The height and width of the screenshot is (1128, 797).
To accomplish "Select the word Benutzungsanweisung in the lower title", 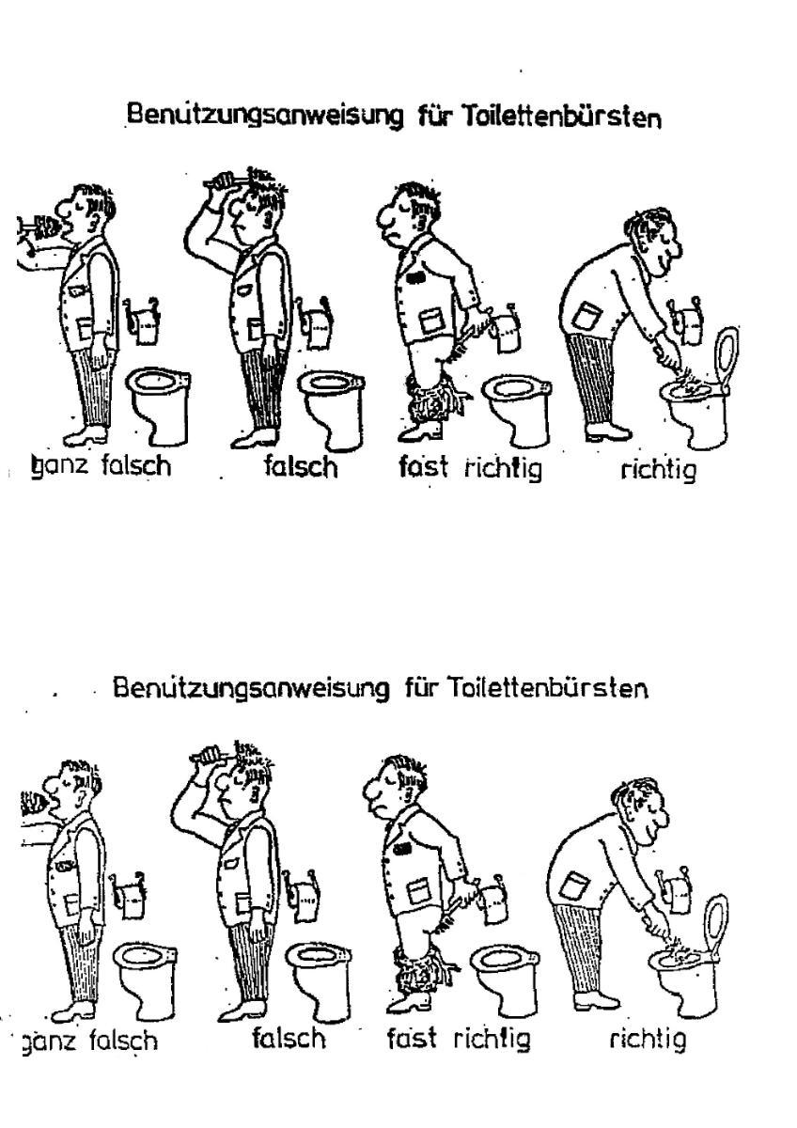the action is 252,687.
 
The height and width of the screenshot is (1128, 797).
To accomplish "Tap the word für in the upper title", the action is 432,117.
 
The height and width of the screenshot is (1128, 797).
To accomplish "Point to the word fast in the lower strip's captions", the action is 412,1038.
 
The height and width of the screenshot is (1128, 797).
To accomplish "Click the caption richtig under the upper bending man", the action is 659,470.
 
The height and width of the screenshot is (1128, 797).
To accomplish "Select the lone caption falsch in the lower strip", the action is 289,1036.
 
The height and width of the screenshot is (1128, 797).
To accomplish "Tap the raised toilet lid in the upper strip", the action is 727,357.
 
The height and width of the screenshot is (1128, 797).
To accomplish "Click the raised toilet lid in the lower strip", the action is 715,924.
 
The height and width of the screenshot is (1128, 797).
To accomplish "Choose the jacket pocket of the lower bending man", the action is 575,884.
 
